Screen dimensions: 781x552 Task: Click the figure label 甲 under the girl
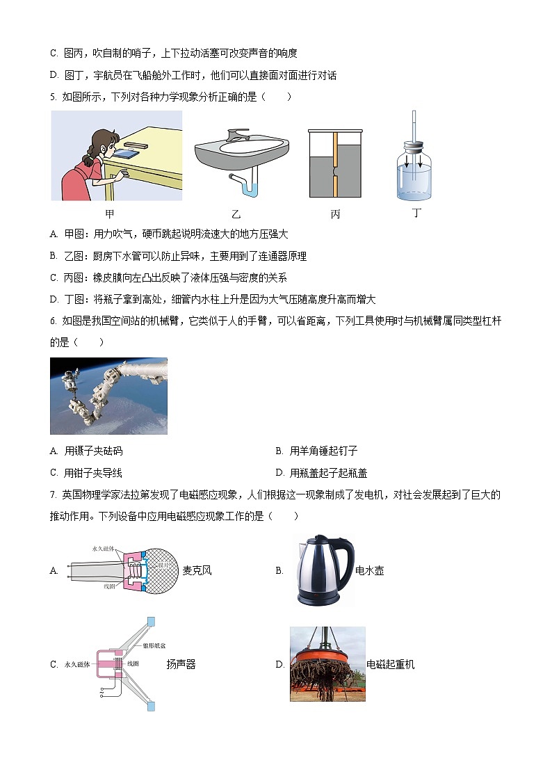pyautogui.click(x=109, y=214)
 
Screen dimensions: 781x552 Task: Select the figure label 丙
pyautogui.click(x=335, y=214)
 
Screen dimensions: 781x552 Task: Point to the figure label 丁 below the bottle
pyautogui.click(x=416, y=213)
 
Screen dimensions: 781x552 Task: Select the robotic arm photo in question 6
pyautogui.click(x=108, y=396)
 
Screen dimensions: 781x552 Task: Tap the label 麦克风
pyautogui.click(x=197, y=571)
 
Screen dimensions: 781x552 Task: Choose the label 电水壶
pyautogui.click(x=369, y=571)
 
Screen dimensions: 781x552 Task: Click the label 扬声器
pyautogui.click(x=181, y=664)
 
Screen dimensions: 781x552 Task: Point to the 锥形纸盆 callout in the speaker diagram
pyautogui.click(x=154, y=645)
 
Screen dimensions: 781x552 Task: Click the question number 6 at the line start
pyautogui.click(x=53, y=321)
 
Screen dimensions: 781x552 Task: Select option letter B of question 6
pyautogui.click(x=279, y=451)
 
